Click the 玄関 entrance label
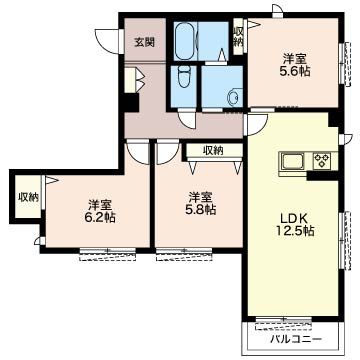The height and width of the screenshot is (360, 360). (x=145, y=42)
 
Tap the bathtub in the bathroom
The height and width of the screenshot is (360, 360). (x=184, y=40)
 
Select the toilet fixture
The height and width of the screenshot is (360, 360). (x=183, y=77)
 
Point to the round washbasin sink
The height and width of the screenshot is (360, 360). (x=233, y=98)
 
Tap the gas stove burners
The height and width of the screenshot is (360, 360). (x=322, y=160)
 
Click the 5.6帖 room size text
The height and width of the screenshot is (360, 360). (x=295, y=71)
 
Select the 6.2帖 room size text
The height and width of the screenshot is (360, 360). (x=100, y=217)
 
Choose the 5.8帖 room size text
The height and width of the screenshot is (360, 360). (x=200, y=210)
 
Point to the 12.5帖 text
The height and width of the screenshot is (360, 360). (x=295, y=230)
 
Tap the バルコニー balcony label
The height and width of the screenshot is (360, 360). (x=296, y=339)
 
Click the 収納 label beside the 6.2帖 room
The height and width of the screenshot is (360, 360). (x=28, y=197)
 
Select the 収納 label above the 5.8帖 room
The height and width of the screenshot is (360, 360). (x=213, y=151)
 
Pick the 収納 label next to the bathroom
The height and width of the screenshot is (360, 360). (x=238, y=37)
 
